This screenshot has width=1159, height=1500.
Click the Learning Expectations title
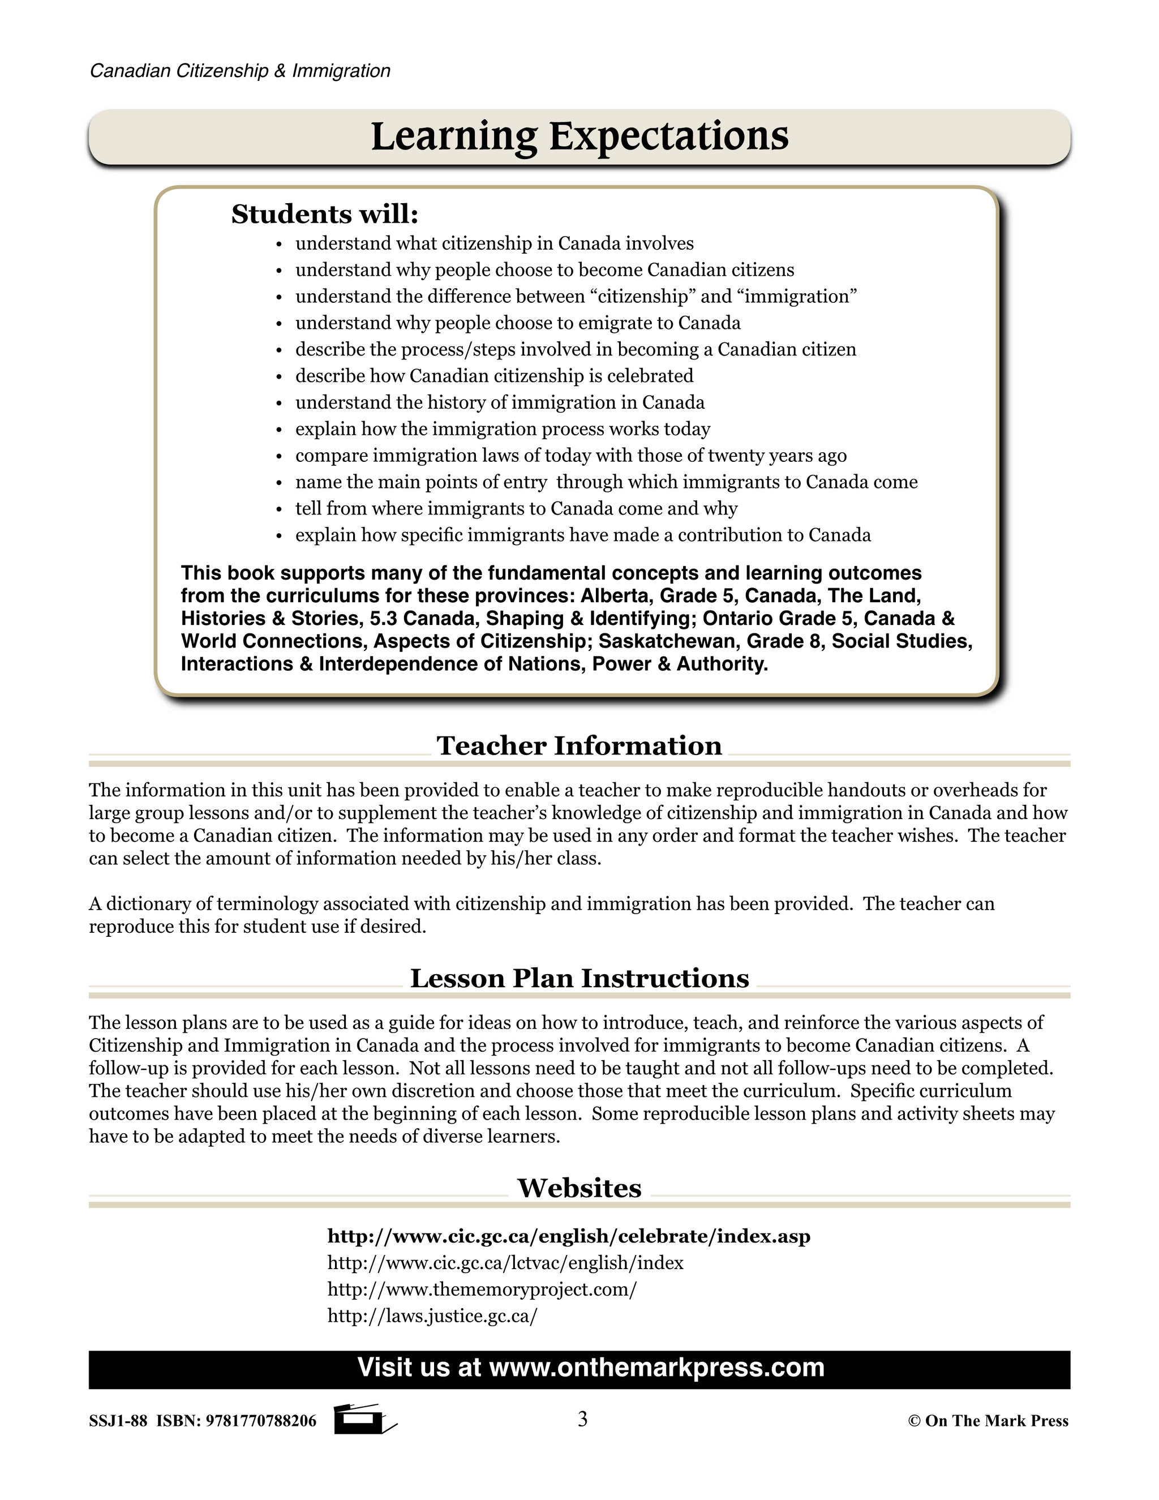coord(579,136)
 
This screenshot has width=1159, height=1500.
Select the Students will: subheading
coord(324,215)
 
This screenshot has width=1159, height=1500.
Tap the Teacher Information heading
coord(579,746)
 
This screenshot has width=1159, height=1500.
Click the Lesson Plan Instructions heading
coord(579,979)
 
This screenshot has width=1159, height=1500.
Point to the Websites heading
coord(579,1188)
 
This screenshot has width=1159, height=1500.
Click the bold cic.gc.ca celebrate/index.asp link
coord(569,1236)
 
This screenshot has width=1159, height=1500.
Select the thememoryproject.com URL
coord(482,1289)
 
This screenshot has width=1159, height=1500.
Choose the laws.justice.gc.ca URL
coord(432,1316)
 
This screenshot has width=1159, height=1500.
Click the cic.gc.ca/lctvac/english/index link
coord(505,1263)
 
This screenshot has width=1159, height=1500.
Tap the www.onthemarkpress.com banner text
coord(656,1368)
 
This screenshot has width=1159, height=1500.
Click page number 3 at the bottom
coord(582,1419)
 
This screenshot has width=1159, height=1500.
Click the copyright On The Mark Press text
coord(988,1421)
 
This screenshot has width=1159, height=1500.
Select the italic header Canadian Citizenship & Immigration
coord(241,71)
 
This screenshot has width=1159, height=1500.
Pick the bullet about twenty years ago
coord(570,455)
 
